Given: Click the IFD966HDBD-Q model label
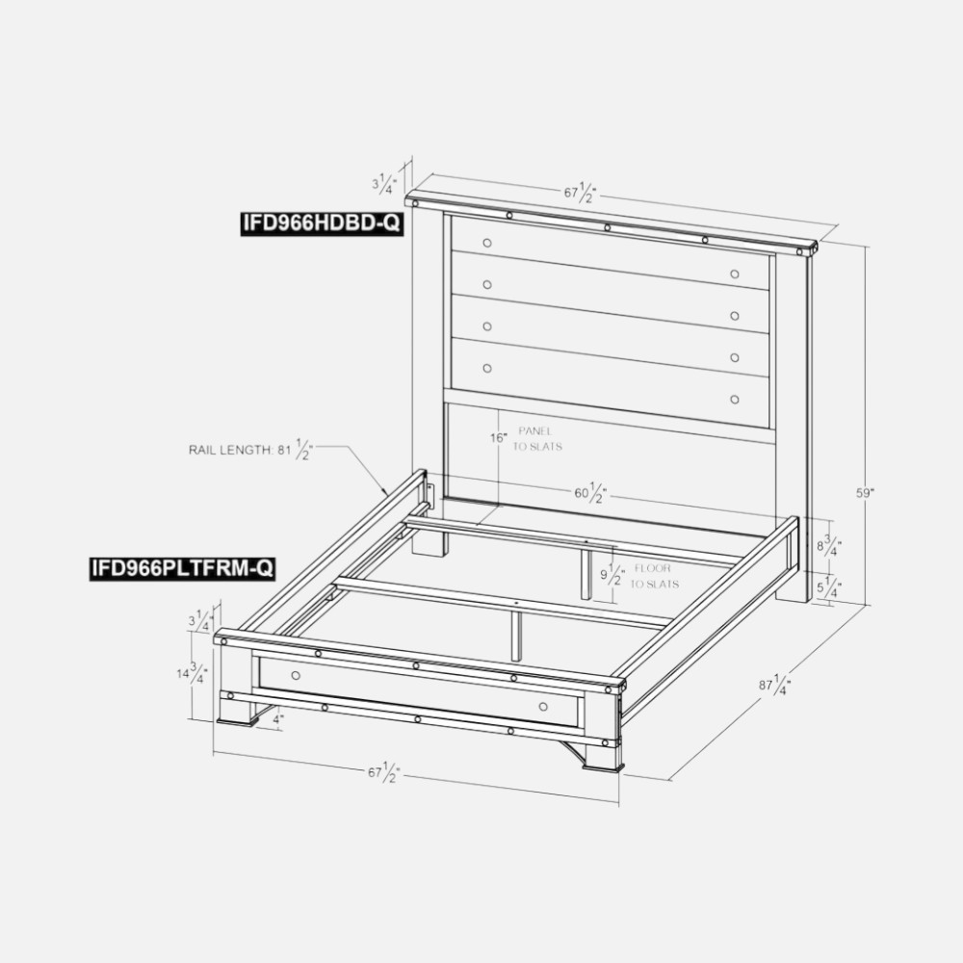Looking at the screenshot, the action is (x=321, y=222).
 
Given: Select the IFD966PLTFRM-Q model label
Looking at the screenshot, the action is (x=182, y=568).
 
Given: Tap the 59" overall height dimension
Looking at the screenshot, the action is (x=866, y=492).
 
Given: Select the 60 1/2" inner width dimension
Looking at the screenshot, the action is (x=591, y=492).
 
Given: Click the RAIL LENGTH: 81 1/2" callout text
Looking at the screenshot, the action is (x=250, y=450).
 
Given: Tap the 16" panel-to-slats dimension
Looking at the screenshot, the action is (x=499, y=438).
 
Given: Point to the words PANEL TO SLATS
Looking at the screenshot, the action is (x=536, y=438).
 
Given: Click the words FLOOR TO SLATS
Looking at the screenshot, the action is (x=655, y=576).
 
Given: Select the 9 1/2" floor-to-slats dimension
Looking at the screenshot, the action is (x=612, y=575).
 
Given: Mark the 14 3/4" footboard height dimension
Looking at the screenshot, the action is (x=193, y=673).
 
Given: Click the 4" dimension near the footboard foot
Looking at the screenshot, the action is (x=278, y=718).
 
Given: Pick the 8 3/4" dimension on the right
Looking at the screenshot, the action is (x=829, y=545).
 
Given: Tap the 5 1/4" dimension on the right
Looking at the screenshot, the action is (x=829, y=587).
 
